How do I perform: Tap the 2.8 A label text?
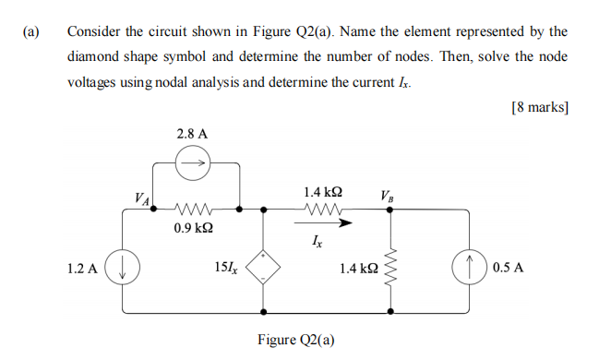pyautogui.click(x=192, y=134)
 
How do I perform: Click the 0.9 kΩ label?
pyautogui.click(x=195, y=226)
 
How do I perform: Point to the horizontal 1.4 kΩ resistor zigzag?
pyautogui.click(x=323, y=209)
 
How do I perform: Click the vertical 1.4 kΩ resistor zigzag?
pyautogui.click(x=390, y=268)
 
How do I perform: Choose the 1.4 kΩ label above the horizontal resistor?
pyautogui.click(x=323, y=192)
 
